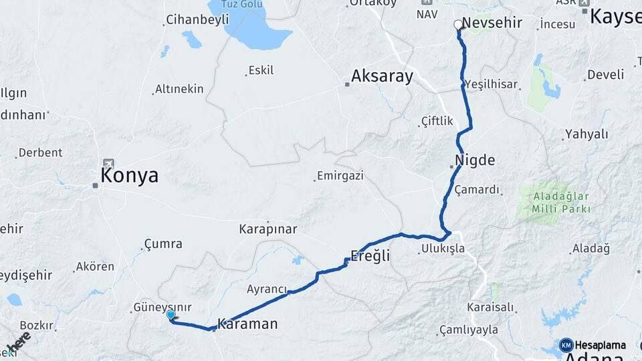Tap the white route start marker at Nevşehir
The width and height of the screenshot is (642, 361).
tap(458, 25)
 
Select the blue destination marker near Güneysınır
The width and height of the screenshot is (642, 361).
tap(171, 316)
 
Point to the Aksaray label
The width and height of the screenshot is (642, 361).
tap(383, 76)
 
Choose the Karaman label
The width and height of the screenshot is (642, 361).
tap(247, 324)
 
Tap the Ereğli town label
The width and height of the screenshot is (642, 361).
tap(370, 256)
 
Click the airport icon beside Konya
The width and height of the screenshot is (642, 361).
tap(108, 163)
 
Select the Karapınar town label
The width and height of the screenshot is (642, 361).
tap(268, 229)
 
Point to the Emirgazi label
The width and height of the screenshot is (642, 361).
tap(340, 176)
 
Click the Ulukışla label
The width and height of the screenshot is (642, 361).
tap(443, 249)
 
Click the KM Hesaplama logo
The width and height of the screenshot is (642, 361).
tap(593, 345)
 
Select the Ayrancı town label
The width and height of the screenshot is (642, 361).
tap(266, 289)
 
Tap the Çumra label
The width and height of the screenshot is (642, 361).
tap(163, 244)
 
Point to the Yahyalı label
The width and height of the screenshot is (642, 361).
tap(586, 134)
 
